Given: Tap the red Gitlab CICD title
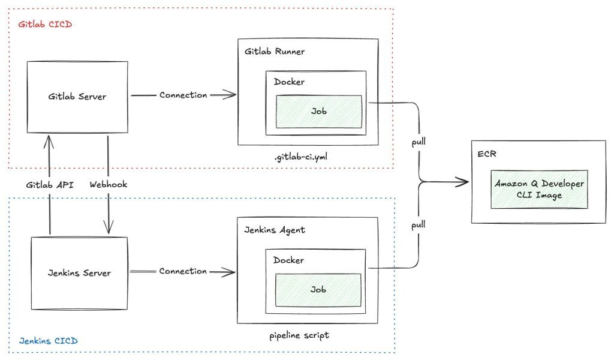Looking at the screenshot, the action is [x=45, y=24].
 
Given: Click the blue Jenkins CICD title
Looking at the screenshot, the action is [x=48, y=341].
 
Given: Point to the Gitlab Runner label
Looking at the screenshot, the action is [x=275, y=52].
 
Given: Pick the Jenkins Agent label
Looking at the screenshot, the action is [x=275, y=230].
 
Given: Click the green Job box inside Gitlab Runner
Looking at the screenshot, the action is [x=319, y=112].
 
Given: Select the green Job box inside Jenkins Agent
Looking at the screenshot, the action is [x=318, y=290].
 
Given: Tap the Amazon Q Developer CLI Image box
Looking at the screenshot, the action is [x=539, y=189].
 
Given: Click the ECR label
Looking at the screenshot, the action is [x=487, y=154].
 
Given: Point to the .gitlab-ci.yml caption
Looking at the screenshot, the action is [x=301, y=157].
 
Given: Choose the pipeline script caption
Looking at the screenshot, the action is [x=299, y=336].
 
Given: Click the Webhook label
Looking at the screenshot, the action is [x=109, y=185].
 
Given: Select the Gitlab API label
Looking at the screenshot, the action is [x=50, y=185].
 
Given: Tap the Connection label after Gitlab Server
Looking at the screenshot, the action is [x=183, y=95].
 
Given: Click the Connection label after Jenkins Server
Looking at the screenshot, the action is [x=183, y=271].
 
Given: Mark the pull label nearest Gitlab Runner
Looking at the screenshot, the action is [x=419, y=142].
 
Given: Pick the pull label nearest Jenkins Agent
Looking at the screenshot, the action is [x=418, y=225].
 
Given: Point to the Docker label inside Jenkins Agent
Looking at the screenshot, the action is [x=288, y=260].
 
